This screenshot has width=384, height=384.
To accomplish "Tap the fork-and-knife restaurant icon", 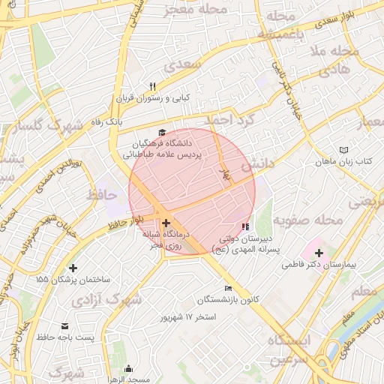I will coord(153,85).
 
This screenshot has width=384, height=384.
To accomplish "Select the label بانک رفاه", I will coord(104,120).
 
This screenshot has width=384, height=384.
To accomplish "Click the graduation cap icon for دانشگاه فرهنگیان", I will coord(163,131).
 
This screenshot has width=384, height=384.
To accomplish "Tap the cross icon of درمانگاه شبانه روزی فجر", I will coord(166,223).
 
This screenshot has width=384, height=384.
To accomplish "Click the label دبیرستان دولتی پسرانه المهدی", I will coord(242,244).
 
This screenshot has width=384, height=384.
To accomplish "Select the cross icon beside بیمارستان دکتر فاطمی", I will coord(319,253).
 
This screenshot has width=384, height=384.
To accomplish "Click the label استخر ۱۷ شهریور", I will coord(187,316).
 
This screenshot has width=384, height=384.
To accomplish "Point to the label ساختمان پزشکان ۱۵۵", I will coord(73,279).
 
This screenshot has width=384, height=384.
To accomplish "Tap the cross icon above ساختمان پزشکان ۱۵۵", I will coord(73,268).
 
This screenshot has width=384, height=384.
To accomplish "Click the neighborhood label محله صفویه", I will coord(307,220).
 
